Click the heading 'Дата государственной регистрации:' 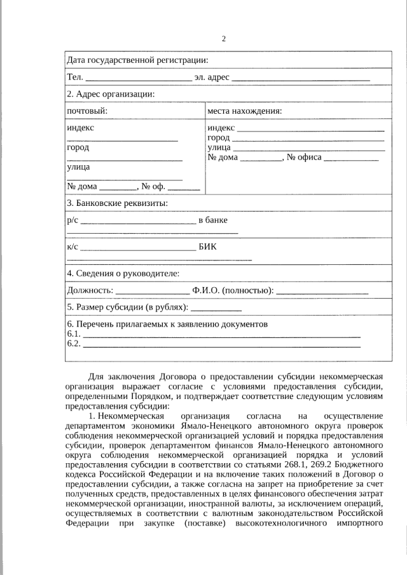click(x=137, y=60)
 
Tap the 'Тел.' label click(x=74, y=78)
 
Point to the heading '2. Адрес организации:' click(x=111, y=94)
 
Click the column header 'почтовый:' click(x=87, y=111)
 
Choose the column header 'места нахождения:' click(x=245, y=111)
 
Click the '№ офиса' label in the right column click(x=304, y=157)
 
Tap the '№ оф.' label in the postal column click(x=153, y=186)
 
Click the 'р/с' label click(x=72, y=220)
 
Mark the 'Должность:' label click(x=90, y=290)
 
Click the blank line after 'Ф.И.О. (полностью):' click(x=322, y=292)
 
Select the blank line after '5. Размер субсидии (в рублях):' click(x=216, y=309)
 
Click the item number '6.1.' click(x=74, y=334)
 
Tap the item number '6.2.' click(x=74, y=344)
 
